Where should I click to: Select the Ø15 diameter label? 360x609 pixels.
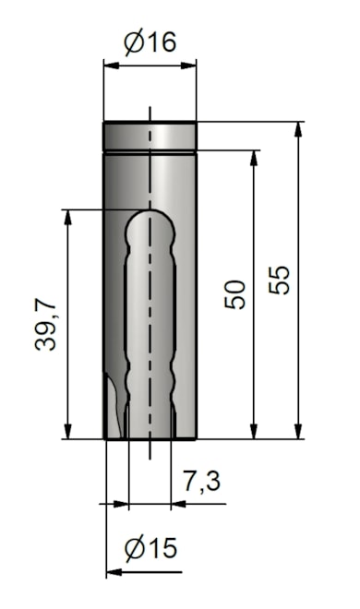(150, 549)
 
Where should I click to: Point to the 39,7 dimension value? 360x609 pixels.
(47, 323)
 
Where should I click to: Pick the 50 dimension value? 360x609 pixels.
(237, 294)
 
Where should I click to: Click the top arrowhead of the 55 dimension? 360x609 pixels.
(298, 130)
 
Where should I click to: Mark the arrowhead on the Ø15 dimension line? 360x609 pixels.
(114, 573)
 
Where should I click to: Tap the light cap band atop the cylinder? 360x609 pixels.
(149, 136)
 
